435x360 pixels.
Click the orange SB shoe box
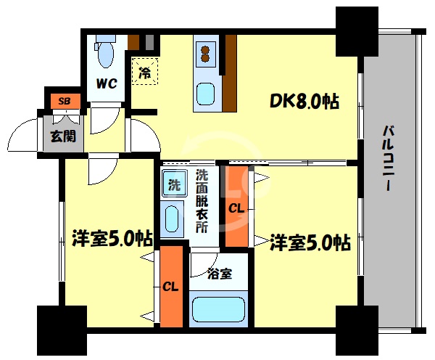pos(65,100)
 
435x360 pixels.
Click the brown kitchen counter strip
pos(230,73)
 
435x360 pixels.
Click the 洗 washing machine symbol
pos(175,184)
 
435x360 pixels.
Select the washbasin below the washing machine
pos(172,218)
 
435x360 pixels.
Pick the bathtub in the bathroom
pos(217,309)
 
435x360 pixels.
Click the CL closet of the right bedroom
pos(236,208)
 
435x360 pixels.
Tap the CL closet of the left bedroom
pos(171,286)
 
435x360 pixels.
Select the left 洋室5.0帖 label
pos(112,238)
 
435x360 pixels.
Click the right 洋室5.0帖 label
pos(310,241)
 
